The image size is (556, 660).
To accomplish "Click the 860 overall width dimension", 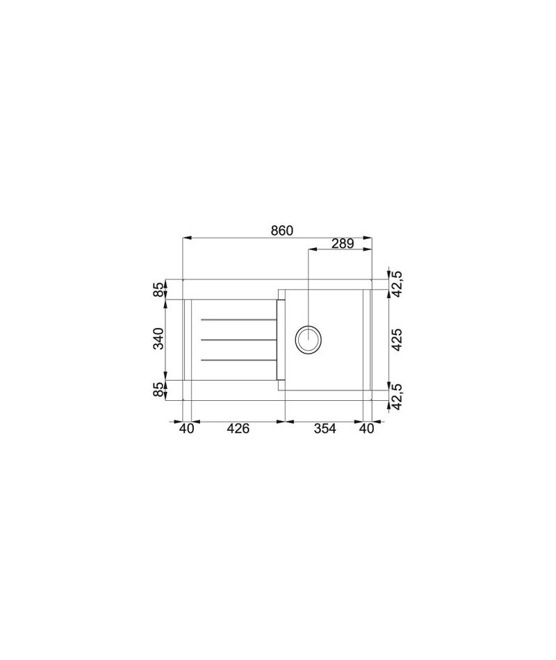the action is tap(281, 231).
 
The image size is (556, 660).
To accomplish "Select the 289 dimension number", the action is tap(343, 243).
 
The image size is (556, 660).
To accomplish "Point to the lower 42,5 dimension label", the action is tap(398, 396).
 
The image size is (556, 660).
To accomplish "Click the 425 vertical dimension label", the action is tap(398, 340).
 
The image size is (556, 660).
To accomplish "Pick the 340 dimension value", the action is tap(158, 338).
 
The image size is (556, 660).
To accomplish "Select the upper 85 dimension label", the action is tap(158, 290).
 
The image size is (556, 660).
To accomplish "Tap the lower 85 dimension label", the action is tap(158, 390).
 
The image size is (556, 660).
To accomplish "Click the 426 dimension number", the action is tap(238, 429).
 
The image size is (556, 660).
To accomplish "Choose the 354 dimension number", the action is tap(325, 429).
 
